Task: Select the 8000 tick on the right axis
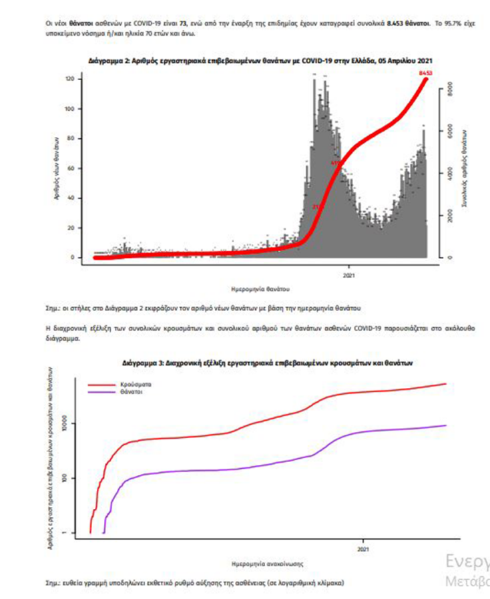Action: (451, 87)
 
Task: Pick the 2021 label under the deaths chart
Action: (348, 274)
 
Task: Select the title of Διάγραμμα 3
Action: (269, 365)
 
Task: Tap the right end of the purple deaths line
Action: (445, 425)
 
